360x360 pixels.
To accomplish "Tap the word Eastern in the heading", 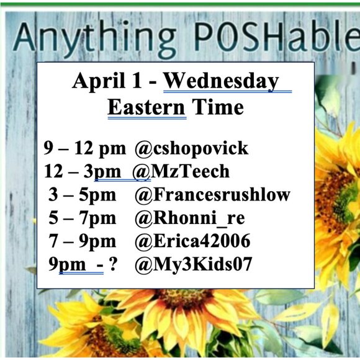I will pos(146,107).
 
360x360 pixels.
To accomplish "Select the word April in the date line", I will pos(94,81).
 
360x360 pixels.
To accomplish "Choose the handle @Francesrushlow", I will pos(212,194).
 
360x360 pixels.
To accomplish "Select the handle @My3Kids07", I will pos(193,264).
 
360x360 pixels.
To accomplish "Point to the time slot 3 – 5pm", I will pos(82,194).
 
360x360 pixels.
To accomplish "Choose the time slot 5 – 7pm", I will pos(82,218).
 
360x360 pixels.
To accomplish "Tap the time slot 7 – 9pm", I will pos(82,241).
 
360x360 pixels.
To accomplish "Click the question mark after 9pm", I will pos(113,264).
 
